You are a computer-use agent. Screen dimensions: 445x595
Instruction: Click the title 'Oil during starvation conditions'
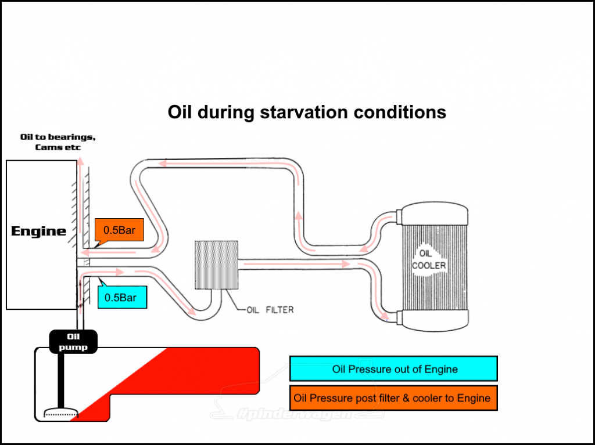307,111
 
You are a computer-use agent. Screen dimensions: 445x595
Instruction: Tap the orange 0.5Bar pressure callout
119,230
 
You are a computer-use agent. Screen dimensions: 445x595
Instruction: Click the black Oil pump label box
73,342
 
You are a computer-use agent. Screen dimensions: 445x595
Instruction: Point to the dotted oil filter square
216,265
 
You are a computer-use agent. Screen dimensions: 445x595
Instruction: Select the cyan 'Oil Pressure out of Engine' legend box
393,369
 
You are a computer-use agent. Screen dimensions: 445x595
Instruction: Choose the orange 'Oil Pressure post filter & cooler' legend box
393,399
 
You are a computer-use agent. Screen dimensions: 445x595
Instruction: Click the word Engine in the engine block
39,231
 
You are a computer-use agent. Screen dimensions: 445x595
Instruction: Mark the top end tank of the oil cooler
432,214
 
